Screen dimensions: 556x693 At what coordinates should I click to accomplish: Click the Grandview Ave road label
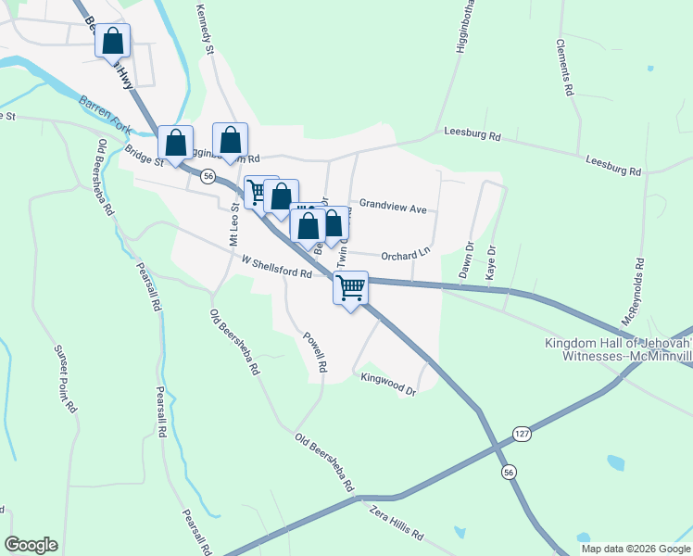point(393,207)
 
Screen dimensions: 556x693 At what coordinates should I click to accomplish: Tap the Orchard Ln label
point(405,252)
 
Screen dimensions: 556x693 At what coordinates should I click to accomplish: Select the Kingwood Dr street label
point(389,383)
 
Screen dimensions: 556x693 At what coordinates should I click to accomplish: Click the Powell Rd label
point(316,351)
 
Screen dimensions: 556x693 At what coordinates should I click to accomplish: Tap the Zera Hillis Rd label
point(396,523)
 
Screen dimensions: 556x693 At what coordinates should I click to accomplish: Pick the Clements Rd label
point(563,69)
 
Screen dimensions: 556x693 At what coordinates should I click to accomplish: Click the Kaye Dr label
point(492,261)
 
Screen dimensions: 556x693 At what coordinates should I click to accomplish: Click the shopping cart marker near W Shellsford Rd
point(350,288)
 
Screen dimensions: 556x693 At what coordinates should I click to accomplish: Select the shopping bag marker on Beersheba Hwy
point(112,41)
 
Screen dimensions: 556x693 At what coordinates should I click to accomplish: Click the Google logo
point(31,545)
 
